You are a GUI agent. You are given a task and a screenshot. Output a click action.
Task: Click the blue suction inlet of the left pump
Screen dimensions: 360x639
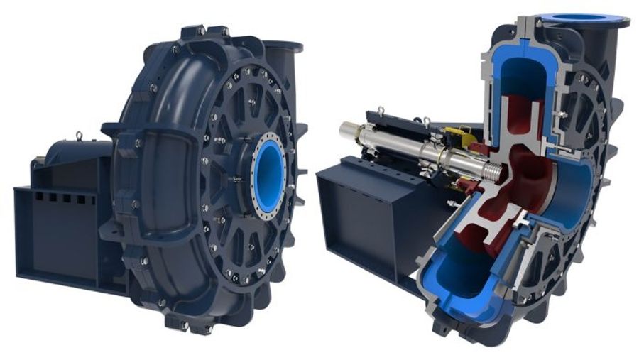click(269, 175)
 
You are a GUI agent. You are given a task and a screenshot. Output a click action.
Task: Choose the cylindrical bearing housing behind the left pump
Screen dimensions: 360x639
click(71, 153)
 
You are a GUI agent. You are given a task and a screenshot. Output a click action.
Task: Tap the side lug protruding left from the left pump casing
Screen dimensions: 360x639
click(114, 129)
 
